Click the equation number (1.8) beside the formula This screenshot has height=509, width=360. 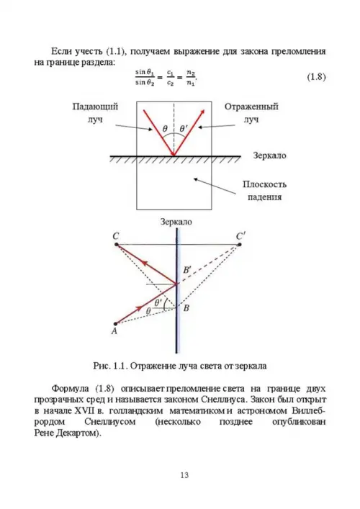point(316,77)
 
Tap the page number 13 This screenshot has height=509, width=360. point(184,475)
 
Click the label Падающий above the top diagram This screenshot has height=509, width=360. point(95,107)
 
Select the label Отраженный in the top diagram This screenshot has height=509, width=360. point(251,107)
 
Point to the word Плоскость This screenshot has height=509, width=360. point(264,184)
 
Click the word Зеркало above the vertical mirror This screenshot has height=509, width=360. point(176,222)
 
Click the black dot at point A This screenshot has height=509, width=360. point(115,324)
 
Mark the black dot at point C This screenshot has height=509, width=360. point(117,244)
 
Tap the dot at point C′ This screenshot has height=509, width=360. point(239,244)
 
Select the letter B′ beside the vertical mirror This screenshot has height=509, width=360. point(186,270)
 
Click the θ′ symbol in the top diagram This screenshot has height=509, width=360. point(184,129)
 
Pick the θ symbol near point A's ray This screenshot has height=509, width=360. point(148,311)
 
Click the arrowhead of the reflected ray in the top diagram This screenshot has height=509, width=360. point(202,112)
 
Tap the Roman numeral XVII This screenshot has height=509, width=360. point(84,410)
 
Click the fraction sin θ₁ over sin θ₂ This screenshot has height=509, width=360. point(145,78)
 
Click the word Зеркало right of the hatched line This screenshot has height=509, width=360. point(270,156)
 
